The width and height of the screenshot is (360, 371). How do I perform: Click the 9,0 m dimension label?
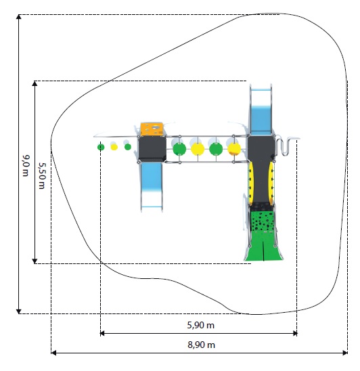click(x=26, y=166)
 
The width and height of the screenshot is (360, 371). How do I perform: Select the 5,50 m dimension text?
click(x=42, y=175)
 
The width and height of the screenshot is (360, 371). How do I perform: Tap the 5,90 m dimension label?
click(x=201, y=326)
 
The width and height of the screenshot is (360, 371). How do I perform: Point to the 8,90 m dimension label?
click(x=201, y=345)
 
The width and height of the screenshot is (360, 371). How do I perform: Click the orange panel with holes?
click(x=152, y=129)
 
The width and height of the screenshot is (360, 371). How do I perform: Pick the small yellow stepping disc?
click(x=114, y=147)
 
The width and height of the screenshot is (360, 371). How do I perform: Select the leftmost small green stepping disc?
click(x=101, y=147)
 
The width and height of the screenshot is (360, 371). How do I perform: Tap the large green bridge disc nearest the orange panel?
click(x=179, y=149)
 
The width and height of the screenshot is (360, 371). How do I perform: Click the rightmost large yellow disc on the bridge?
click(x=234, y=149)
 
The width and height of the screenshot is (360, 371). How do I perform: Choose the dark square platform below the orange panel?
click(x=152, y=149)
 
